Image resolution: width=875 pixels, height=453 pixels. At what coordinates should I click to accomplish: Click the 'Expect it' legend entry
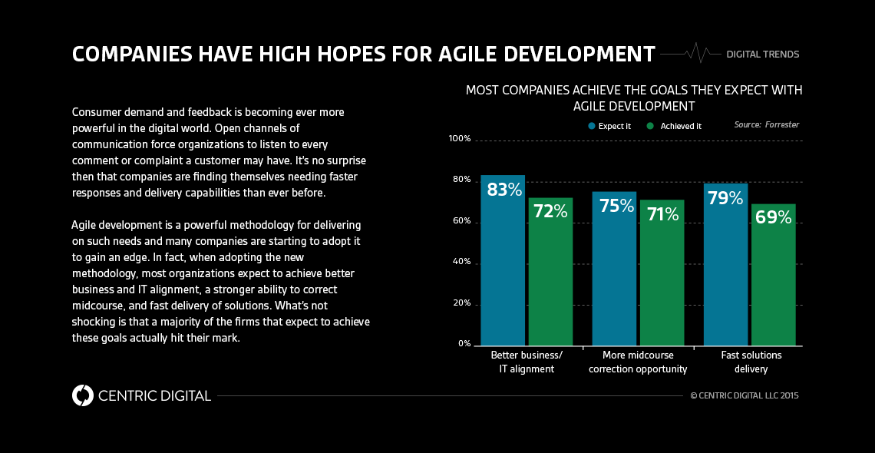pyautogui.click(x=609, y=126)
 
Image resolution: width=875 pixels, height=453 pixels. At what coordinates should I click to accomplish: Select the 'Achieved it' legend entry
pyautogui.click(x=674, y=126)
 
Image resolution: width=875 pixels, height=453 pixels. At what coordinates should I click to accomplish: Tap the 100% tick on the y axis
pyautogui.click(x=459, y=139)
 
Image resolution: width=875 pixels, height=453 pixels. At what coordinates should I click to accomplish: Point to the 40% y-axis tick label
pyautogui.click(x=461, y=262)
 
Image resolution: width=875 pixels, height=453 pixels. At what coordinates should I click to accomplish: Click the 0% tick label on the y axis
pyautogui.click(x=464, y=343)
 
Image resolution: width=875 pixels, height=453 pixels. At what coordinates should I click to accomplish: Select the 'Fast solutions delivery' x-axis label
pyautogui.click(x=751, y=362)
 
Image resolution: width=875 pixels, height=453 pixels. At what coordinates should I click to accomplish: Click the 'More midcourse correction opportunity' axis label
pyautogui.click(x=638, y=362)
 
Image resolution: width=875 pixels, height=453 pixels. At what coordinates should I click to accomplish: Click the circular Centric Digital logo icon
pyautogui.click(x=82, y=395)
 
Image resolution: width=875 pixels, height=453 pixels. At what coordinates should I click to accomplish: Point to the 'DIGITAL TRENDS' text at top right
pyautogui.click(x=762, y=55)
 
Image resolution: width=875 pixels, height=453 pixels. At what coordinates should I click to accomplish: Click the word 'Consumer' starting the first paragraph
pyautogui.click(x=94, y=112)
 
